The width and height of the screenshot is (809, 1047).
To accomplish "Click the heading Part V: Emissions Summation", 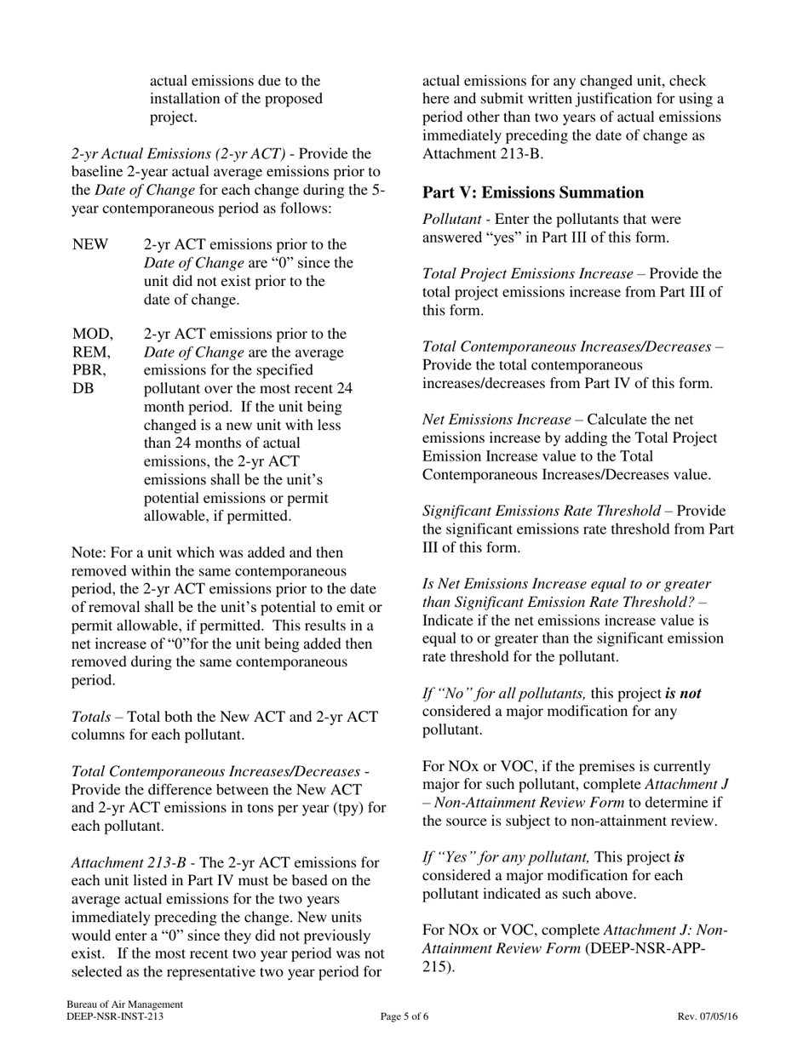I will (533, 192).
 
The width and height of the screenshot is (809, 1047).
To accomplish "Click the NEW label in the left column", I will (90, 245).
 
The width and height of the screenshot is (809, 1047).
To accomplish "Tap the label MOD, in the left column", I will (92, 334).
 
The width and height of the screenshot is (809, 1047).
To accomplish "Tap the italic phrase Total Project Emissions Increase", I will (527, 274).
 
